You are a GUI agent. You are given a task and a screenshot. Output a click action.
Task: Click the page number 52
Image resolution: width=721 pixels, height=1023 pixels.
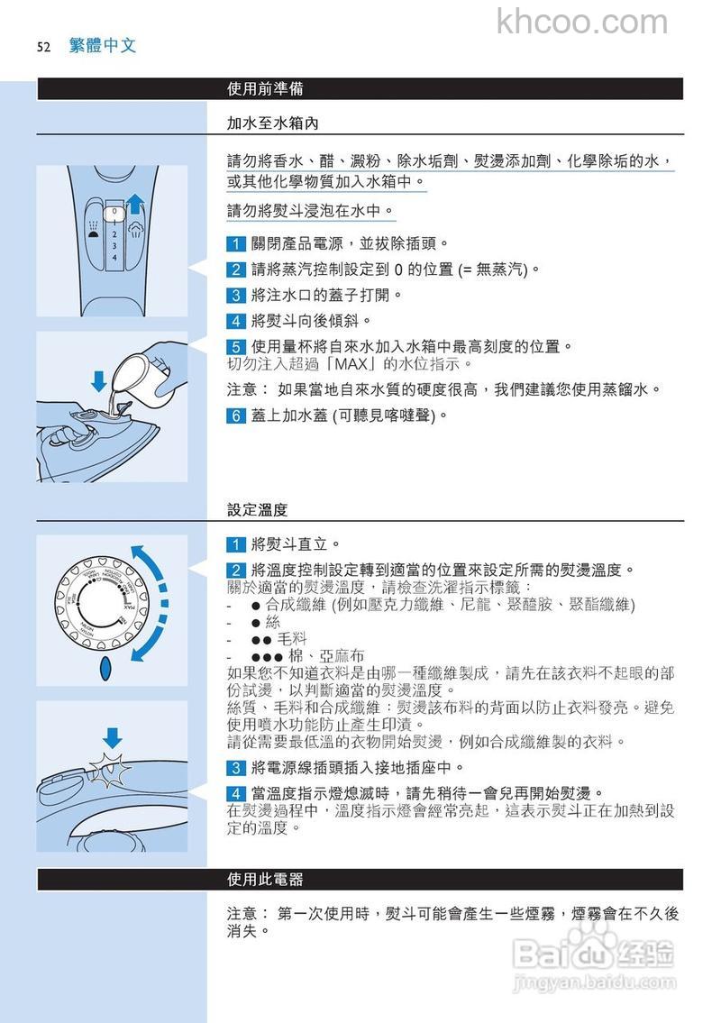pos(42,47)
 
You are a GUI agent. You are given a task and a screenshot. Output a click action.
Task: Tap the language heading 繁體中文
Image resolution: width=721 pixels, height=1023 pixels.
pos(102,46)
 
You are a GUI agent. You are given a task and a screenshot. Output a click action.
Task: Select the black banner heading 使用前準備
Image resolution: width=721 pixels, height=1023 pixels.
pos(265,88)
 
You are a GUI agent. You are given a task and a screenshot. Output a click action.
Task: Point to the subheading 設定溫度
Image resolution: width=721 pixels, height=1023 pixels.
pos(257,509)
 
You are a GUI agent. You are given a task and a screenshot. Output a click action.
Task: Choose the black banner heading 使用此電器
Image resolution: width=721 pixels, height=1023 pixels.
pos(265,879)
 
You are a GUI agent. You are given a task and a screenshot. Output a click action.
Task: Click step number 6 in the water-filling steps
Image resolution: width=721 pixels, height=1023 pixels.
pos(235,416)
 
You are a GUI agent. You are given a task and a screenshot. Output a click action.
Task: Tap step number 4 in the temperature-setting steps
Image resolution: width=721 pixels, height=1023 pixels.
pos(235,793)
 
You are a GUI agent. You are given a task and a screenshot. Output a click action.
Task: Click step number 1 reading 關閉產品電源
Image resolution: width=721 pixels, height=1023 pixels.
pos(235,243)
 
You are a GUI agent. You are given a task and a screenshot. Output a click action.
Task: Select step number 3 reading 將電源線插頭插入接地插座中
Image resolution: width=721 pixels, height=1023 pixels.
pos(235,768)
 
